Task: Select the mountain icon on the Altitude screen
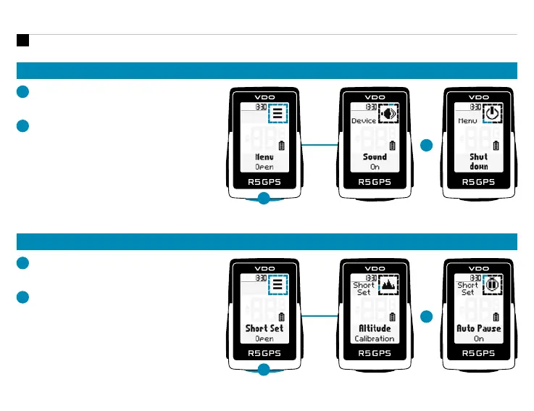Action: pyautogui.click(x=388, y=286)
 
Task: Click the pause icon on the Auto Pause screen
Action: pyautogui.click(x=492, y=286)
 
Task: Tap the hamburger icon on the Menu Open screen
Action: pyautogui.click(x=277, y=114)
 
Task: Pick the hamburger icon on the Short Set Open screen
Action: pyautogui.click(x=277, y=286)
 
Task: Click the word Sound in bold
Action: pyautogui.click(x=375, y=157)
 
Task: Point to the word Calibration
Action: pyautogui.click(x=375, y=339)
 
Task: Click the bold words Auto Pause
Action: pyautogui.click(x=479, y=328)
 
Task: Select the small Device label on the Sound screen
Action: pyautogui.click(x=364, y=121)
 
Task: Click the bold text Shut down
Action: pyautogui.click(x=479, y=161)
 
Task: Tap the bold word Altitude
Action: pyautogui.click(x=375, y=328)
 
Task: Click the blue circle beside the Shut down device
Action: pyautogui.click(x=426, y=146)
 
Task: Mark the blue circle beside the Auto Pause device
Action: pyautogui.click(x=426, y=317)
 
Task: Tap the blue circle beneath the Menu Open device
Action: pyautogui.click(x=264, y=199)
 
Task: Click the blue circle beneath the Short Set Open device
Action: pyautogui.click(x=264, y=370)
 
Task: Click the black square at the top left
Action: pyautogui.click(x=22, y=41)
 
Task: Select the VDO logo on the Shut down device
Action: pyautogui.click(x=479, y=96)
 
